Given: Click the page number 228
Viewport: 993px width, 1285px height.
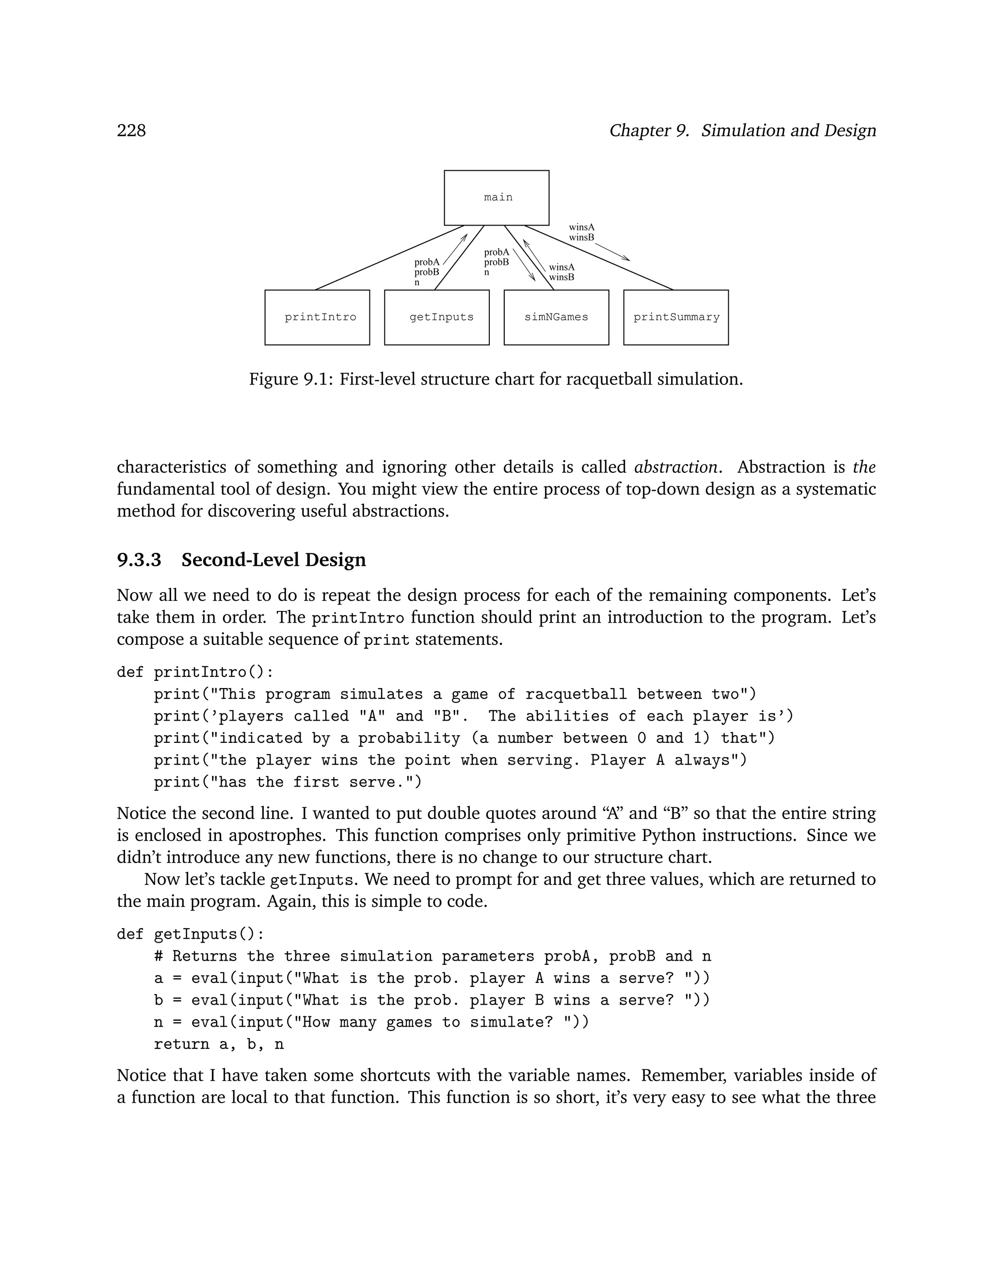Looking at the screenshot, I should coord(131,130).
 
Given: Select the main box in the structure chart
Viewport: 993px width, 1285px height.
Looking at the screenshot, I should coord(496,198).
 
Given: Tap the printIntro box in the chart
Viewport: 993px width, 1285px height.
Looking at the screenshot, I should coord(317,317).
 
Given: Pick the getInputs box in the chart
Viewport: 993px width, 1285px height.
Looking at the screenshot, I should coord(436,317).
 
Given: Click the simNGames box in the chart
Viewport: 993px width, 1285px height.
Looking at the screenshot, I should coord(556,317).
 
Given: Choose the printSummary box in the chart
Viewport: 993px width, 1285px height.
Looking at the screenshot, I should coord(676,317).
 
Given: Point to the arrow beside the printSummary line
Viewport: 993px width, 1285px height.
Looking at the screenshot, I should coord(612,251).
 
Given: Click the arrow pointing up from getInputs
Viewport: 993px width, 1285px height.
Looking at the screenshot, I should coord(455,249).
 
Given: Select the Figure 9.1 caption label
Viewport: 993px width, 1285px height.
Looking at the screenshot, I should coord(291,379).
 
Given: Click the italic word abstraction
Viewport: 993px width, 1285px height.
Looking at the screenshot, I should coord(675,467).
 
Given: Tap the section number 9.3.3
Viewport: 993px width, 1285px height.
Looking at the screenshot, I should coord(139,560).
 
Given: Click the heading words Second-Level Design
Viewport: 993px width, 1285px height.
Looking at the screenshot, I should coord(273,560).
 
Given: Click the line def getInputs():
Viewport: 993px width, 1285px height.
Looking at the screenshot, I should coord(191,934).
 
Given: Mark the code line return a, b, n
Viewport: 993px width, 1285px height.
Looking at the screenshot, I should coord(219,1044).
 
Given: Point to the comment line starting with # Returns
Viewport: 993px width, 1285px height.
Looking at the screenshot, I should coord(432,956).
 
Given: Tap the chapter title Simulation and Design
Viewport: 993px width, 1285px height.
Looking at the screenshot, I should coord(788,130).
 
